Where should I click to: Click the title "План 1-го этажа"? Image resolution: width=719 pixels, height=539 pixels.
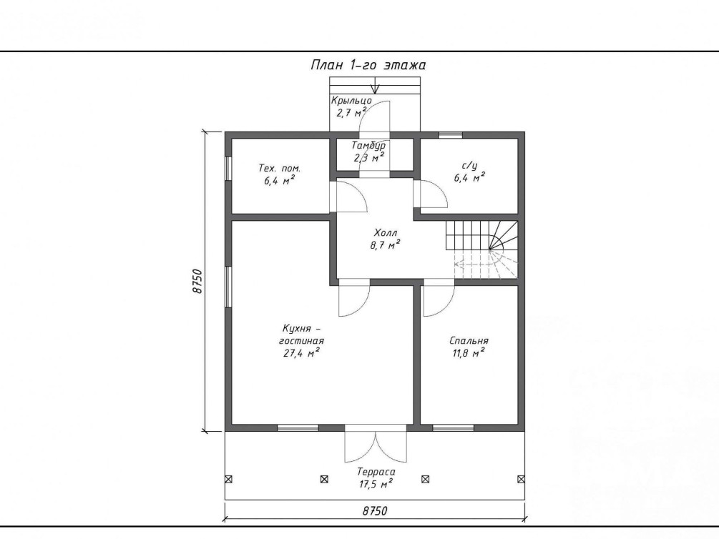point(368,65)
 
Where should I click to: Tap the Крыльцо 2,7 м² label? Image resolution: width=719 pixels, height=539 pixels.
point(351,107)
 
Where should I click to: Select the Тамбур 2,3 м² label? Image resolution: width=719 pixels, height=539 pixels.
point(368,152)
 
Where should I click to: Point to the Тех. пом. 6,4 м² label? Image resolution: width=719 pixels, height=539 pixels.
point(279,174)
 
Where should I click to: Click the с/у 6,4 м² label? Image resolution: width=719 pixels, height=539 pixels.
point(469,172)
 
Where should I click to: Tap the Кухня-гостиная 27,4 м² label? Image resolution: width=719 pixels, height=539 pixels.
point(301,341)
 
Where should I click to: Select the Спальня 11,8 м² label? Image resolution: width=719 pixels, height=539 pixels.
point(469,347)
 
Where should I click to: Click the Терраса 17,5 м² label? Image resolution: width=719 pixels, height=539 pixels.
point(376,478)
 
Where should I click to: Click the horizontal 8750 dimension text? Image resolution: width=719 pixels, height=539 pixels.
point(375,510)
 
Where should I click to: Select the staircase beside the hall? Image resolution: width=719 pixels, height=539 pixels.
point(481,249)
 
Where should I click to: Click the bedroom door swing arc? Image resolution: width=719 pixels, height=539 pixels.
point(445,307)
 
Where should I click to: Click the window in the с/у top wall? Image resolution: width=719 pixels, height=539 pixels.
point(450,134)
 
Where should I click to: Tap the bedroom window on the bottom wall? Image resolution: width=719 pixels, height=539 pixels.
point(453,428)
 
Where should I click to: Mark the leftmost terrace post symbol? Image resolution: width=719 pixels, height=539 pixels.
point(228,480)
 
